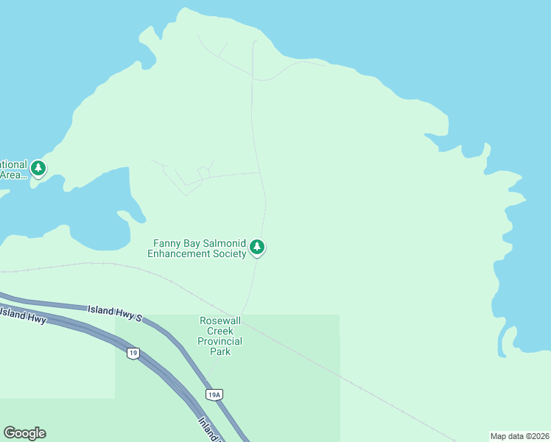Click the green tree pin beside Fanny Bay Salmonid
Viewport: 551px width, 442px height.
tap(256, 247)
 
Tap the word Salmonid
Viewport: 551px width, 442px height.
tap(221, 243)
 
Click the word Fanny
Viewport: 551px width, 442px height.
tap(166, 243)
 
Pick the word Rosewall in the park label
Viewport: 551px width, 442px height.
tap(220, 320)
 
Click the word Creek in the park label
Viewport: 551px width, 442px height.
tap(220, 331)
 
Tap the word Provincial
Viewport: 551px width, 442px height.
tap(220, 341)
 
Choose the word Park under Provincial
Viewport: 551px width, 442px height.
tap(220, 351)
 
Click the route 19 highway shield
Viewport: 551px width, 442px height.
tap(133, 353)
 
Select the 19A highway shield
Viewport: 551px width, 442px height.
tap(214, 395)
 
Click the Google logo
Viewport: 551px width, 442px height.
tap(24, 433)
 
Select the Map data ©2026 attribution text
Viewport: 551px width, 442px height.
tap(519, 436)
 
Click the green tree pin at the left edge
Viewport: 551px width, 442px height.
tap(38, 169)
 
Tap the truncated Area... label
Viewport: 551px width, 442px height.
tap(13, 175)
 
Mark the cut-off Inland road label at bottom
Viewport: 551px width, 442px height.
tap(210, 430)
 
